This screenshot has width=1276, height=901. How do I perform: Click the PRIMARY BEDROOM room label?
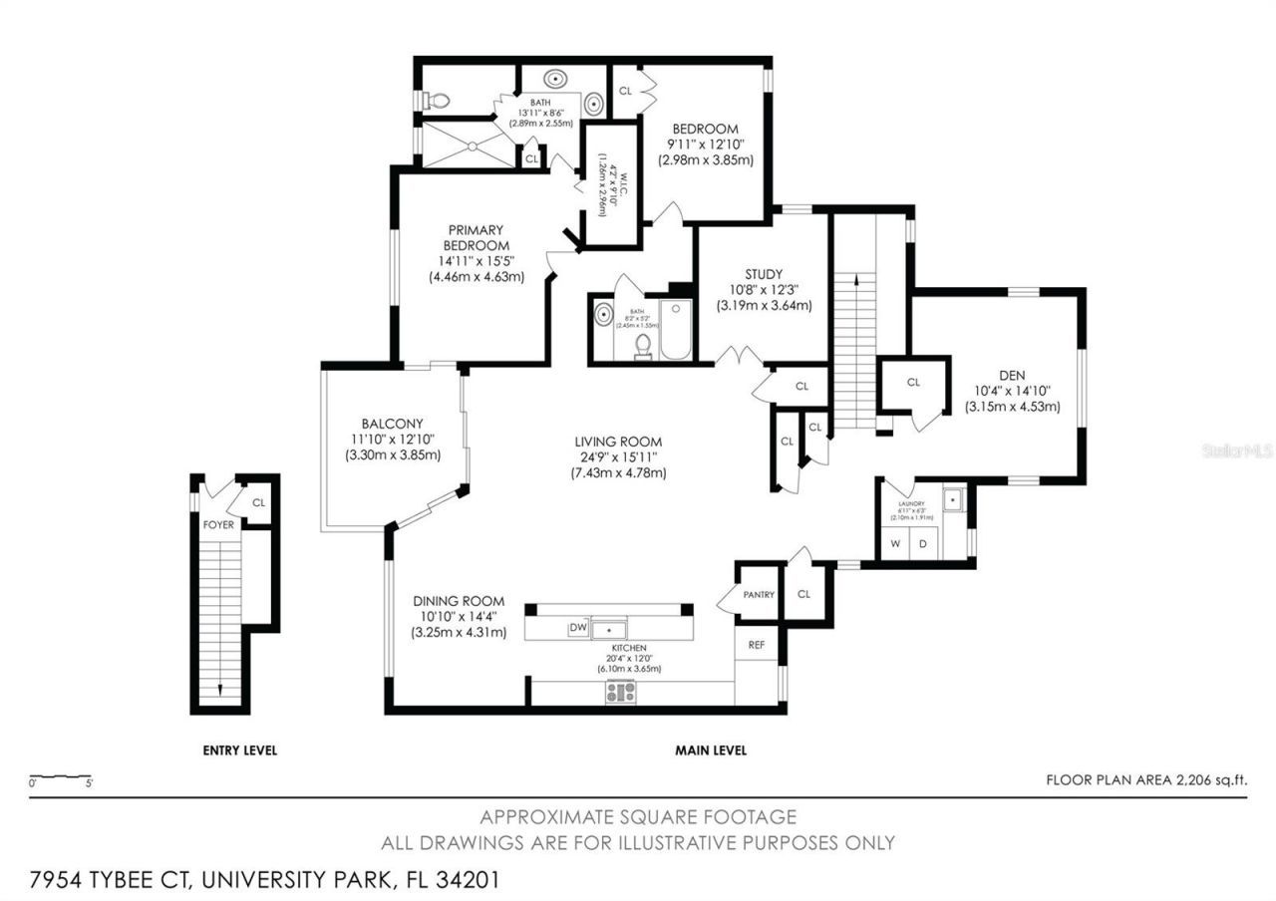pos(477,237)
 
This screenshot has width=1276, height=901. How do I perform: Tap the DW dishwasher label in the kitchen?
pos(578,628)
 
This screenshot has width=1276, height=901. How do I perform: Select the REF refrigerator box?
pos(757,645)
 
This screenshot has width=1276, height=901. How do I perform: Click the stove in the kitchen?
pos(620,692)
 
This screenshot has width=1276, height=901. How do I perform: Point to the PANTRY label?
pos(759,595)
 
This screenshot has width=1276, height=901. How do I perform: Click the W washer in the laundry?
pos(894,544)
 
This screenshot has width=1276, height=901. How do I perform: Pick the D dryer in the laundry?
pos(922,544)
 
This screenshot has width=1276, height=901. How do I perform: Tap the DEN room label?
pos(1013,376)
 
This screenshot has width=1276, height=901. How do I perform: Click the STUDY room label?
pos(764,274)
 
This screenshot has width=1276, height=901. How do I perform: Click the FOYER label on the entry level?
pos(218,524)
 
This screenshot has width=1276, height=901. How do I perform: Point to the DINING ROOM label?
pos(459,601)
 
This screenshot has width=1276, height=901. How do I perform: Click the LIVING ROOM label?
pos(618,442)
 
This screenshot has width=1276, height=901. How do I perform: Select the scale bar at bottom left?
pos(62,777)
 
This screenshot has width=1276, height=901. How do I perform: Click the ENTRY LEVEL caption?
pos(239,751)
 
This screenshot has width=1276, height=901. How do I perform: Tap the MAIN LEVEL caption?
pos(710,751)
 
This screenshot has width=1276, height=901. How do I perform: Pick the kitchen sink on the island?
pos(607,630)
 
